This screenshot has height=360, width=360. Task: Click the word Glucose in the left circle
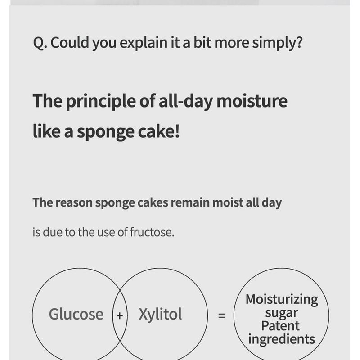pos(76,314)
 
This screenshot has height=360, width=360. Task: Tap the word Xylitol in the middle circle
pos(160,314)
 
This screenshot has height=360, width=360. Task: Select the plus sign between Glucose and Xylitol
pos(120,315)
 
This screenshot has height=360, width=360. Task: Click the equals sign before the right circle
pos(221,315)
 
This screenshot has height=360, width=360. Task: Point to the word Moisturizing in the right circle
pos(282,300)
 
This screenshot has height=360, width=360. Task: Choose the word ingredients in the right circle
pos(282,339)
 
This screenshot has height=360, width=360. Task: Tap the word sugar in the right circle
pos(282,313)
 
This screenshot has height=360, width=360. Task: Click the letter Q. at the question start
pos(40,43)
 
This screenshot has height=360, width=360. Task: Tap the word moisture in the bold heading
pos(252,101)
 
